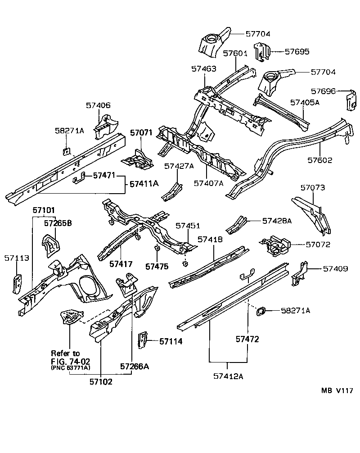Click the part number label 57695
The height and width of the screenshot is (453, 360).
tap(297, 52)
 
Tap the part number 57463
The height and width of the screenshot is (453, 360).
tap(203, 69)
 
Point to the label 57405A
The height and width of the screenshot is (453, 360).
tap(304, 103)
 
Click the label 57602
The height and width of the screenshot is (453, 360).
tap(320, 159)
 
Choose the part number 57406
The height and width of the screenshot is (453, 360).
tap(98, 105)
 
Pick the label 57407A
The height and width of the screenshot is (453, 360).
tap(208, 183)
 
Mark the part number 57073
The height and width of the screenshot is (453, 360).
tap(312, 187)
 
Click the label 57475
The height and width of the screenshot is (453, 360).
tap(157, 267)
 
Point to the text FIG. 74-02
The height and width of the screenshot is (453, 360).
tap(70, 361)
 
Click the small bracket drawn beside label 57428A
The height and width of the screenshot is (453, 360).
tap(236, 224)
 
